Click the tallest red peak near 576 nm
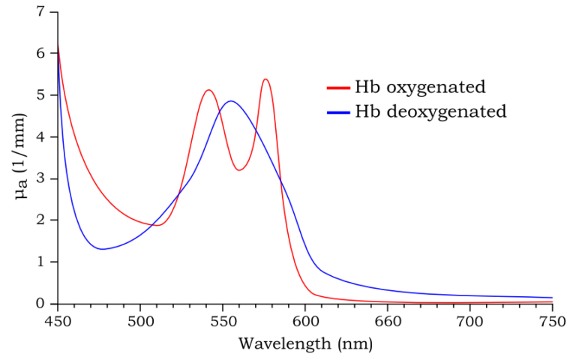click(x=265, y=79)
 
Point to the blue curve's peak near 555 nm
click(x=231, y=100)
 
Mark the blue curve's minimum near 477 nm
click(x=102, y=249)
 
